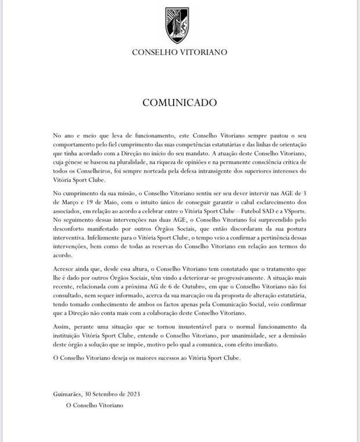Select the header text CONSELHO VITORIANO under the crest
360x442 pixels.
179,52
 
